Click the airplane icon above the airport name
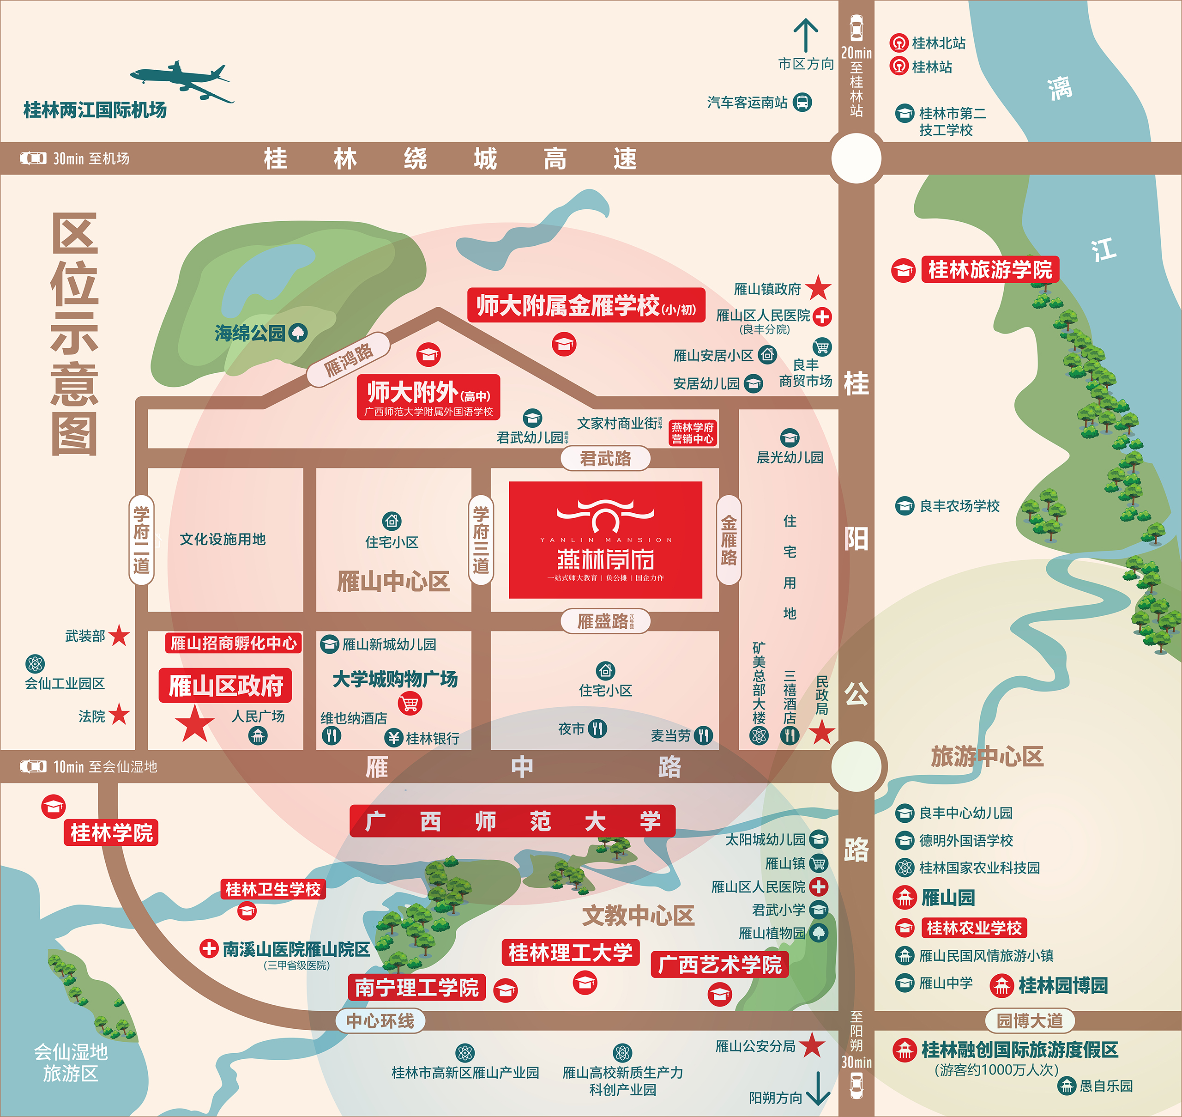pyautogui.click(x=181, y=81)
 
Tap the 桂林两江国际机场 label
pyautogui.click(x=95, y=110)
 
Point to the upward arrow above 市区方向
pyautogui.click(x=805, y=36)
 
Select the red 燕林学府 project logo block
pyautogui.click(x=605, y=540)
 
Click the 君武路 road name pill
pyautogui.click(x=605, y=458)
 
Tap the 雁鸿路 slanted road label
pyautogui.click(x=348, y=360)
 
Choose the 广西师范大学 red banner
pyautogui.click(x=513, y=821)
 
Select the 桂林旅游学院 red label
pyautogui.click(x=990, y=270)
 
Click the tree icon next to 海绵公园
pyautogui.click(x=298, y=332)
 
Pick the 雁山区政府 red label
pyautogui.click(x=226, y=686)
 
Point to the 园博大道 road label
pyautogui.click(x=1030, y=1020)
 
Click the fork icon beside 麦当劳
pyautogui.click(x=704, y=735)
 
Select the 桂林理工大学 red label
pyautogui.click(x=570, y=953)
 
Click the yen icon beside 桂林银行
pyautogui.click(x=393, y=738)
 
